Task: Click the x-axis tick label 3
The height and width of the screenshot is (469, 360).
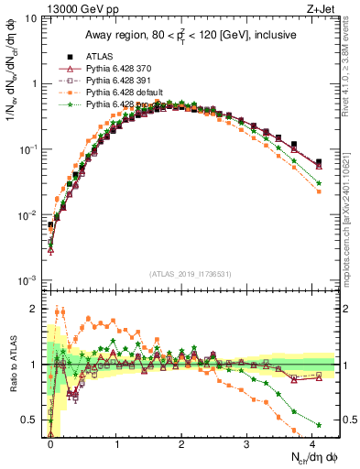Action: click(247, 444)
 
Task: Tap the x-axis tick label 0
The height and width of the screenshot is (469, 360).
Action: click(51, 444)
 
